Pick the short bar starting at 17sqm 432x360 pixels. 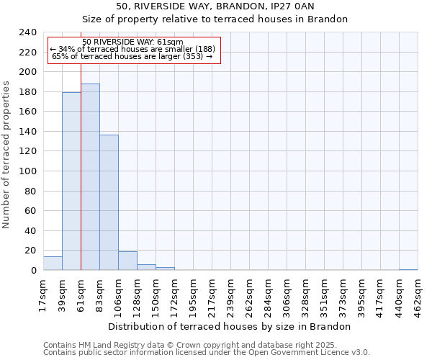coord(53,264)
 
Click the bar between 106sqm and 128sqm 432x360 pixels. coord(127,261)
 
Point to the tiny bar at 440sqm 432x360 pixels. coord(408,269)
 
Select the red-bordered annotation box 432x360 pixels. coord(133,50)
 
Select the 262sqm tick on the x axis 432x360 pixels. coord(250,295)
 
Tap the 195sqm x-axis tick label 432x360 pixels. coord(194,295)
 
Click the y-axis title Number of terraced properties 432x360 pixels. coord(6,154)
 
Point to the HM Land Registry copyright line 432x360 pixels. coord(189,345)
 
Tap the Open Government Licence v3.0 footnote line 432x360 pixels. coord(207,353)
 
